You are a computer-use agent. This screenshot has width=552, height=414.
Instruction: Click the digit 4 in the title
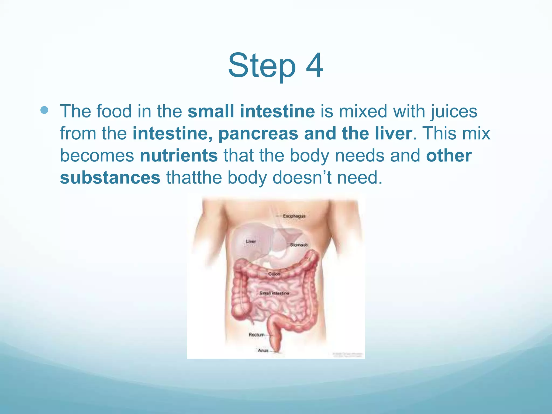pos(314,65)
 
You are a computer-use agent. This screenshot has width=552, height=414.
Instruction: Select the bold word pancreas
pos(258,133)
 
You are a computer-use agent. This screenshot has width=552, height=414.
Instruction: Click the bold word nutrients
pos(179,156)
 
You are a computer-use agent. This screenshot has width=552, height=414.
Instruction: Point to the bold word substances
pos(110,178)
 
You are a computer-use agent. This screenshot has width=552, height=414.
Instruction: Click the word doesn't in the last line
pos(302,178)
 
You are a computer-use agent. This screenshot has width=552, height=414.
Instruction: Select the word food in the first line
pos(114,111)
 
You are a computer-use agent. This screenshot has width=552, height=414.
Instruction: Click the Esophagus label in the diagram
pos(294,216)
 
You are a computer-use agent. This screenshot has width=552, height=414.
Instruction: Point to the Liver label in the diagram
pos(251,241)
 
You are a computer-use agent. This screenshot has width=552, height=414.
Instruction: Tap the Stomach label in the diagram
pos(299,245)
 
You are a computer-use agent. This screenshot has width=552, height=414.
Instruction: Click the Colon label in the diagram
pos(274,274)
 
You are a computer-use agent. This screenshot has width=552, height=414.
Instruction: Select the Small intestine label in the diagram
pos(274,293)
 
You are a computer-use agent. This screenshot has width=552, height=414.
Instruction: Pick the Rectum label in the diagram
pos(257,334)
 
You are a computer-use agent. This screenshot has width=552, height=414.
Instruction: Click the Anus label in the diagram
pos(263,350)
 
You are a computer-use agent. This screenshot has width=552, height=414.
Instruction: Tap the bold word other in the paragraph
pos(449,156)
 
